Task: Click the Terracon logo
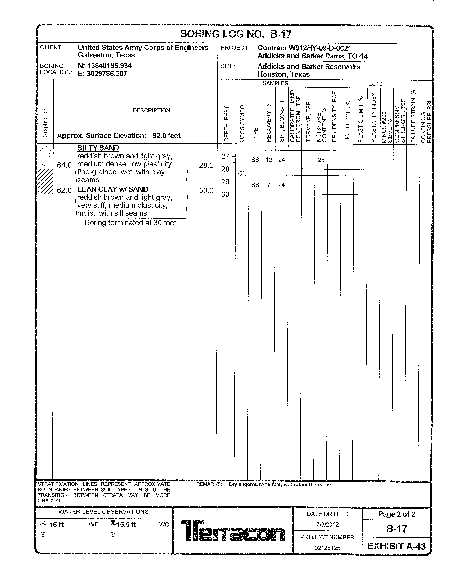(x=233, y=530)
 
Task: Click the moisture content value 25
(x=321, y=160)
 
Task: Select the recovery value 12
(x=269, y=160)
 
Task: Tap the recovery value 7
(x=268, y=185)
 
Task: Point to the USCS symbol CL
(x=242, y=174)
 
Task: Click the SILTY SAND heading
(x=98, y=148)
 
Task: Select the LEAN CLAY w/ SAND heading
(x=112, y=189)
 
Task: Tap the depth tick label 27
(x=226, y=157)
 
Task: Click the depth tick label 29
(x=226, y=182)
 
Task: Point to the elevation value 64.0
(x=64, y=165)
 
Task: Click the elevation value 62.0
(x=64, y=190)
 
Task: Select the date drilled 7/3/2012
(x=327, y=525)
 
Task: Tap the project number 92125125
(x=327, y=548)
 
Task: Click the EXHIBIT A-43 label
(x=396, y=546)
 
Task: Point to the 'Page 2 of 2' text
(x=397, y=514)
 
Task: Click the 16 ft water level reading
(x=56, y=524)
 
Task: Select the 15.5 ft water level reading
(x=126, y=524)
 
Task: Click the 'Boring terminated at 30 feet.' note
(x=131, y=223)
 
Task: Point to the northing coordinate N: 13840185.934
(x=105, y=66)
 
